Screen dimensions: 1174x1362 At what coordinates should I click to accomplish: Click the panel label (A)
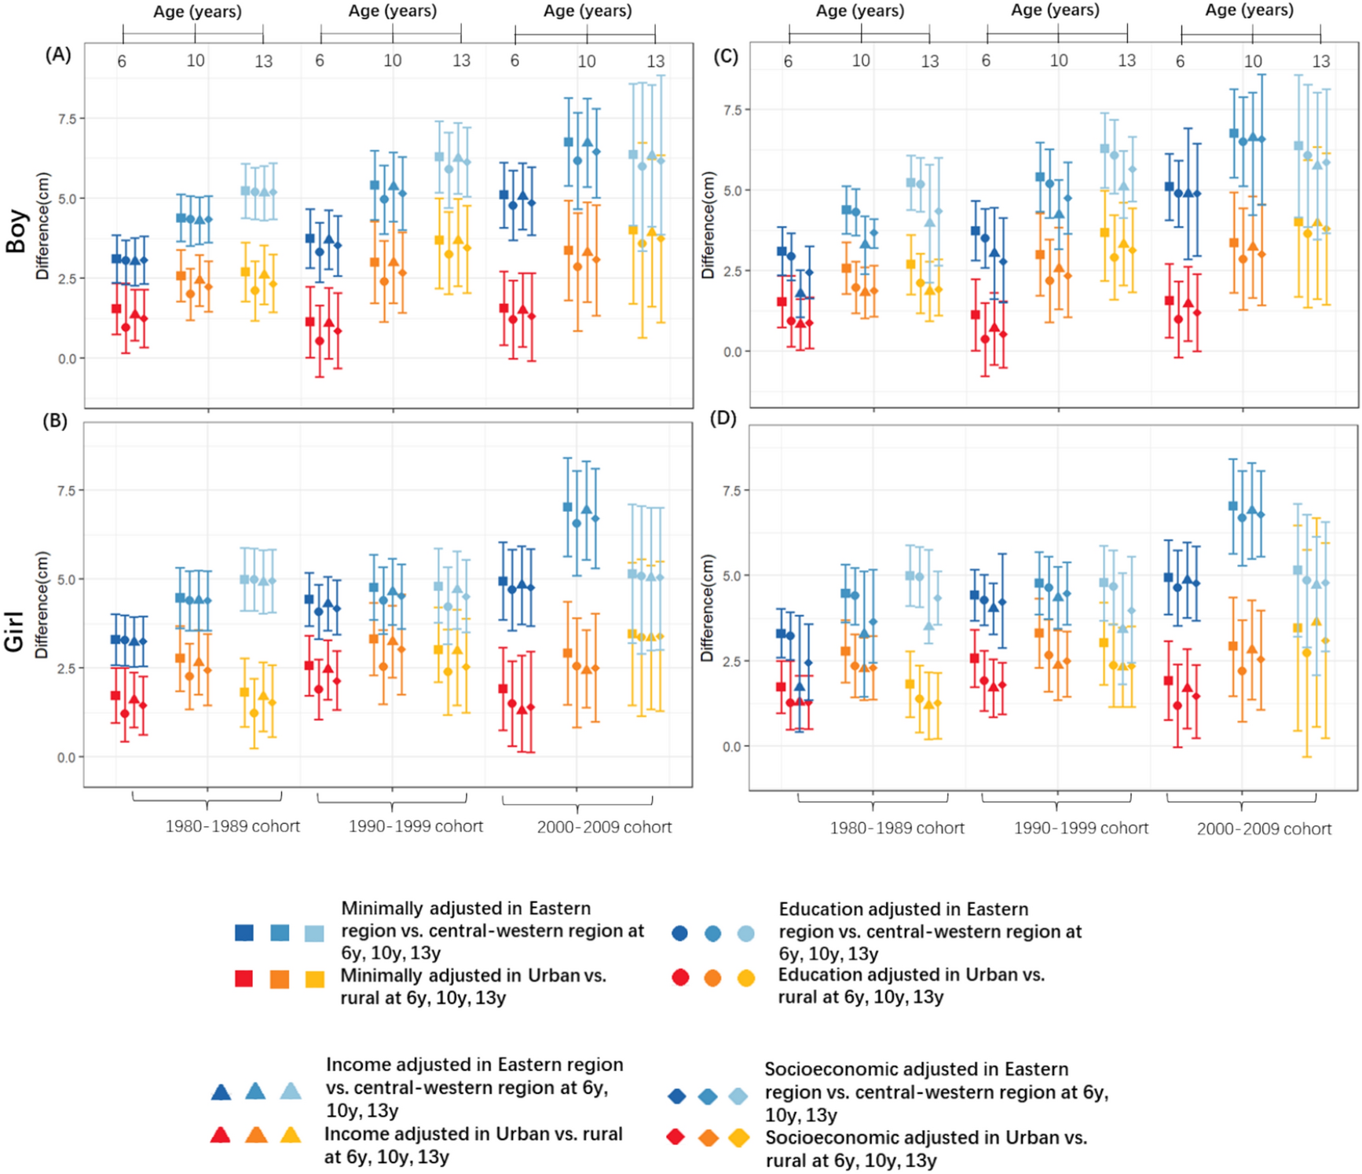point(58,54)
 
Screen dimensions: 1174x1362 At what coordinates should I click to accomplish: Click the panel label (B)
point(55,421)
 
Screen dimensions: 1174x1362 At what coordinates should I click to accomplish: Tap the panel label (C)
point(724,57)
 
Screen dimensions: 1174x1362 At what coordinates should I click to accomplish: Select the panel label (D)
point(723,419)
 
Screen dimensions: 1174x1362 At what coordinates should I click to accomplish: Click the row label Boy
point(16,230)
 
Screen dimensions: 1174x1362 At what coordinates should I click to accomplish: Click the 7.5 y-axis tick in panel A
point(66,119)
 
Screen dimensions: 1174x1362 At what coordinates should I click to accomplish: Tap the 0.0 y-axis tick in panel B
point(66,757)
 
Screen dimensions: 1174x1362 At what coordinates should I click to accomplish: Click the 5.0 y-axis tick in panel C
point(732,191)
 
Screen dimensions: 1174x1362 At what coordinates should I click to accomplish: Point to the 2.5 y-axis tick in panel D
point(732,661)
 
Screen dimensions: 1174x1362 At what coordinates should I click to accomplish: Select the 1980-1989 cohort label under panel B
point(232,827)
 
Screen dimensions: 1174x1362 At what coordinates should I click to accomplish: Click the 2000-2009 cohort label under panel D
point(1264,829)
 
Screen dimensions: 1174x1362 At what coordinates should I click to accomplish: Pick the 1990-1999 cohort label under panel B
point(416,827)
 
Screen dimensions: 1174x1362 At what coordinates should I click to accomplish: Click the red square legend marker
point(244,978)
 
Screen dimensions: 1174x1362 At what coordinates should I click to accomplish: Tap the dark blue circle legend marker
point(680,933)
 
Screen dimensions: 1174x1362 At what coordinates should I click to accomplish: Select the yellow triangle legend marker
point(291,1135)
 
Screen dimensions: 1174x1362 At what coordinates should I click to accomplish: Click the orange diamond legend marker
point(708,1138)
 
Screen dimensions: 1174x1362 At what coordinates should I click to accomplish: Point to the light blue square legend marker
point(314,933)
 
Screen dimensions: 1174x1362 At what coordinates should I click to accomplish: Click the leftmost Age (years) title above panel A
point(197,12)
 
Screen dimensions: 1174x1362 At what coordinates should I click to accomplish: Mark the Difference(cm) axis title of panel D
point(708,608)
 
